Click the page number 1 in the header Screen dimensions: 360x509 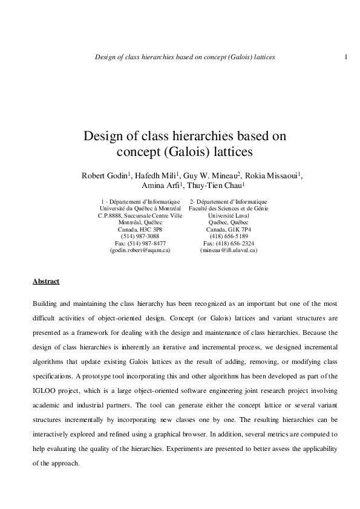coord(345,57)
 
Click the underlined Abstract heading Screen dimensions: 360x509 coord(45,281)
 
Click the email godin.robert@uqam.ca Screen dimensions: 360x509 coord(140,250)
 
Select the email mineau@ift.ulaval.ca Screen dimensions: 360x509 coord(229,250)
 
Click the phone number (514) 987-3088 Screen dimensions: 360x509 coord(140,236)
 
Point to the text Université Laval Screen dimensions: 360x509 coord(229,215)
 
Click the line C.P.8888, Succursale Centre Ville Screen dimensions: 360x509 coord(140,215)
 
